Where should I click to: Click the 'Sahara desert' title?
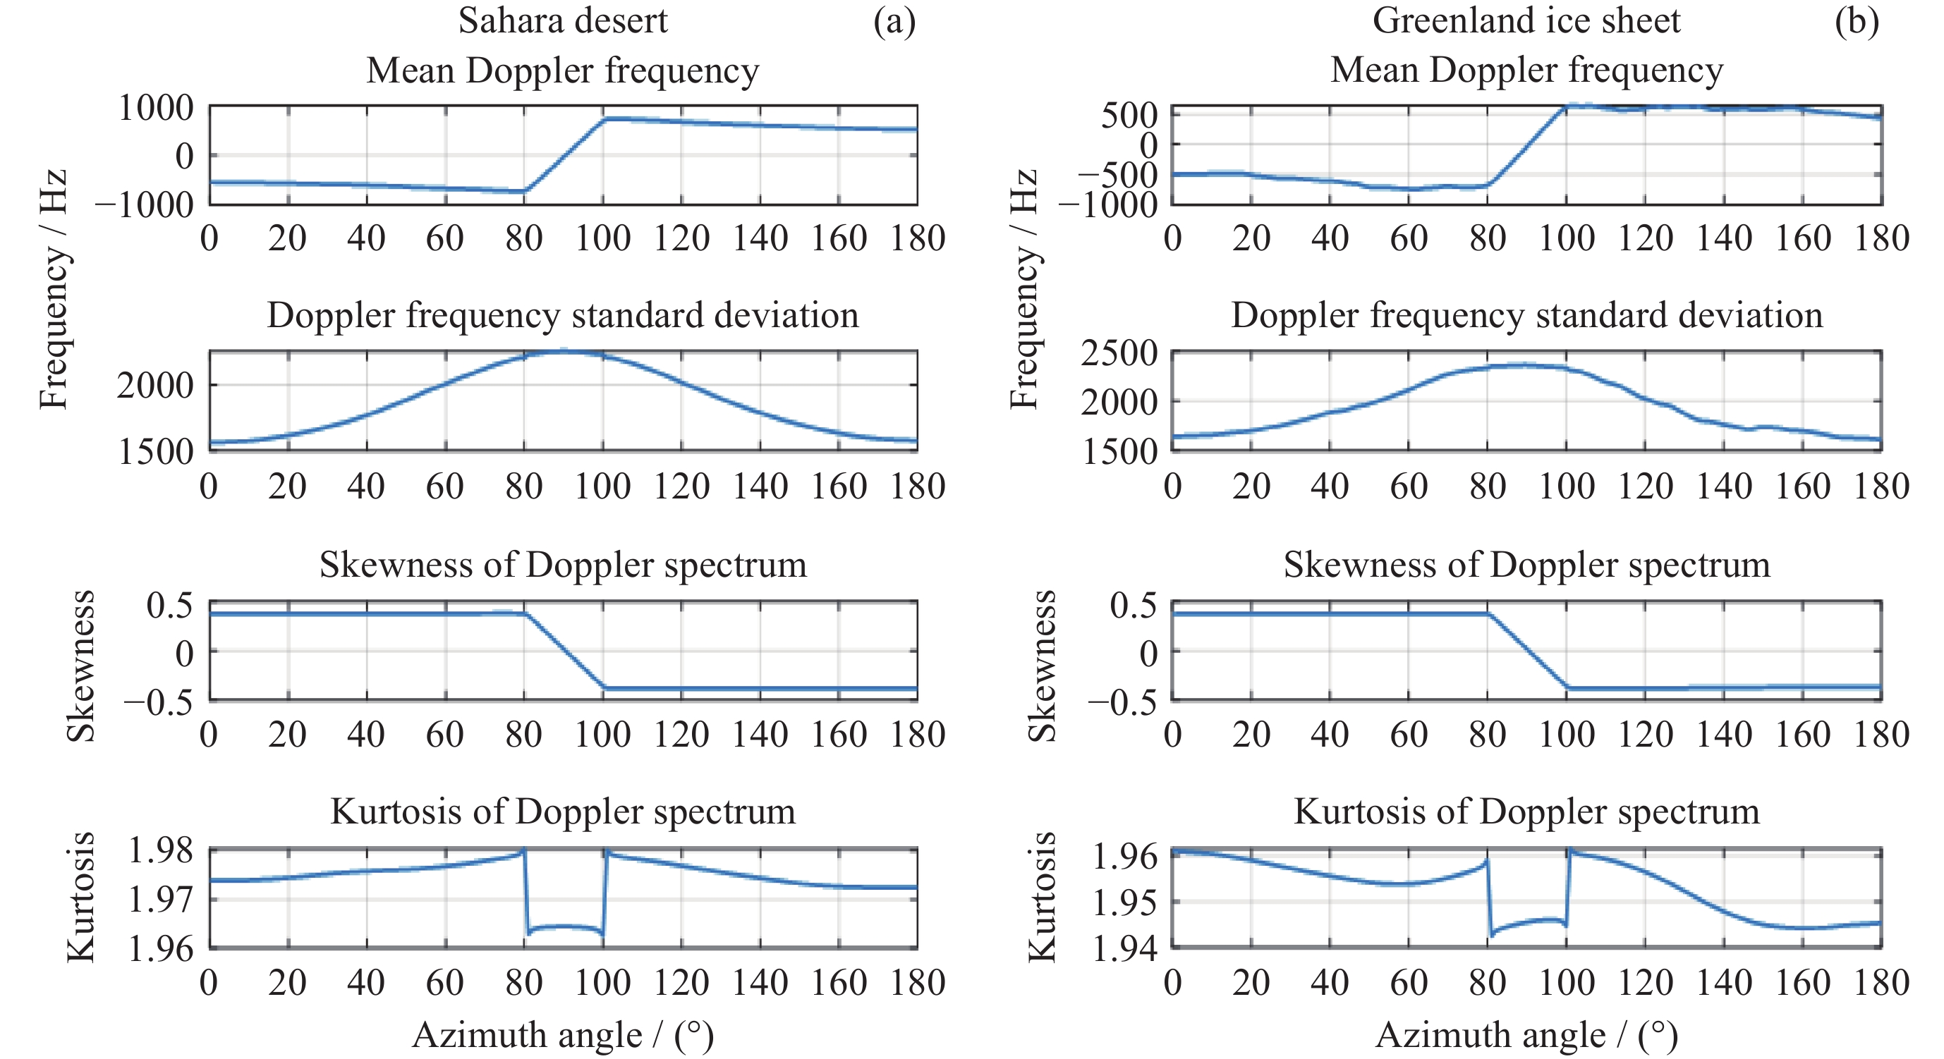pos(562,20)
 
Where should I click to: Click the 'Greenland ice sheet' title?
pos(1526,20)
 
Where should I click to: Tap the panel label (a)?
pos(894,20)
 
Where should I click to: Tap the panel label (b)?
pos(1857,20)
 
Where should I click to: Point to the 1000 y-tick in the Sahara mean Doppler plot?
pos(155,109)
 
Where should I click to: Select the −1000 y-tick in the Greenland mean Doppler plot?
pos(1108,205)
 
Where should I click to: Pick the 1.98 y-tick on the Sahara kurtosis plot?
pos(161,851)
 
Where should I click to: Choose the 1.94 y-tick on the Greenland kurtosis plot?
pos(1124,949)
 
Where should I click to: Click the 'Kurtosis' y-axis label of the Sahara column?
pos(80,897)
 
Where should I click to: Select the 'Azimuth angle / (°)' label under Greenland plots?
pos(1526,1035)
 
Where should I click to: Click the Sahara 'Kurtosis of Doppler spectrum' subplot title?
pos(563,812)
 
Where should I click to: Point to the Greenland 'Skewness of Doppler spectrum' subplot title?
pos(1526,564)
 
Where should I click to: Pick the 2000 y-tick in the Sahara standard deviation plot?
pos(155,386)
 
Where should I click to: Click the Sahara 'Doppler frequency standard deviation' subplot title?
pos(563,315)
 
